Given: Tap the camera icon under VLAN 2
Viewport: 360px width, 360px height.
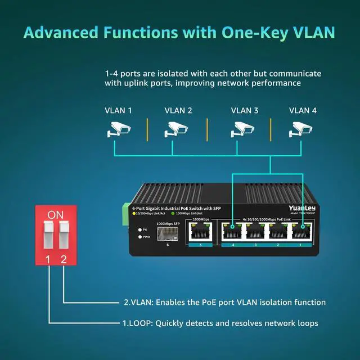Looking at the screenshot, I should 175,130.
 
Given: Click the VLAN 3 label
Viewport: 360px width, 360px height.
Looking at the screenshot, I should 245,111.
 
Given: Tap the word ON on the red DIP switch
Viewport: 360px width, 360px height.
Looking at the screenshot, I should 55,215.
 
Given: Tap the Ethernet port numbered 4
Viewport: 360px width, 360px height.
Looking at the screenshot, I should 232,232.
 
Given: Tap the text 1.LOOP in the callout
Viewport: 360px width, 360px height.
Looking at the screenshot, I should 137,323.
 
